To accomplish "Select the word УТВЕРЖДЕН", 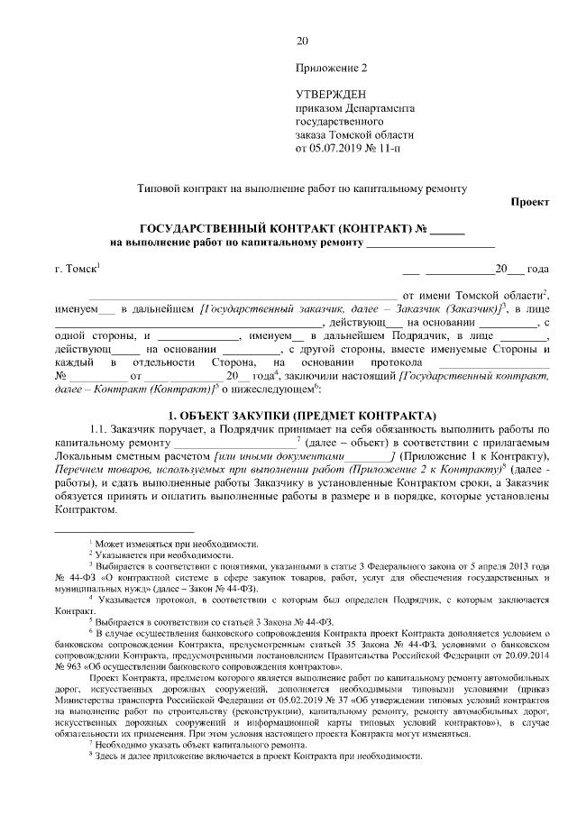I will click(x=330, y=94).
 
